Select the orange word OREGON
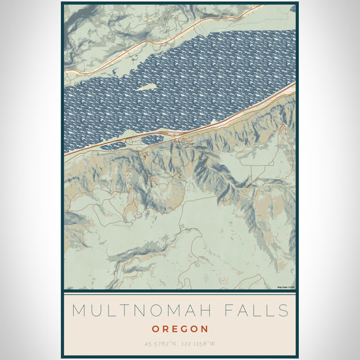pyautogui.click(x=180, y=329)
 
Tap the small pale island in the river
pyautogui.click(x=145, y=87)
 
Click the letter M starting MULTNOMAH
pyautogui.click(x=78, y=311)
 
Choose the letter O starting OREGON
pyautogui.click(x=155, y=329)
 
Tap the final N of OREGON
pyautogui.click(x=205, y=329)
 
